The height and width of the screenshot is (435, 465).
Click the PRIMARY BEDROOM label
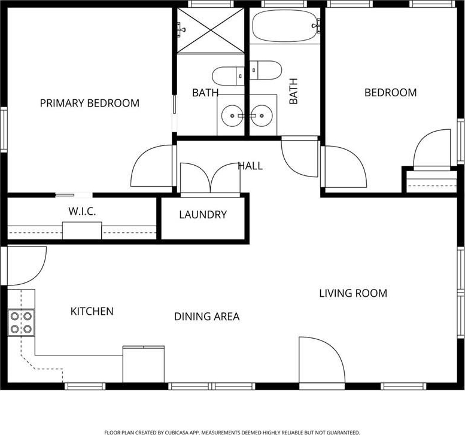point(90,103)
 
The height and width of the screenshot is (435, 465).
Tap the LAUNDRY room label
point(203,214)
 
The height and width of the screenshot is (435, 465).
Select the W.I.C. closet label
point(82,211)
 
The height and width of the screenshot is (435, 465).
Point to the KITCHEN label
point(92,311)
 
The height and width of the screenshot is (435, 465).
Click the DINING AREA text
point(206,317)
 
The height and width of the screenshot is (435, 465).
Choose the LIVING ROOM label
point(353,293)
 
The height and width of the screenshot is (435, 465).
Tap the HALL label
point(250,166)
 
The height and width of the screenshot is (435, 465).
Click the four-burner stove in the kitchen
point(21,323)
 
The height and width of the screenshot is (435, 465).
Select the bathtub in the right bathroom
point(284,26)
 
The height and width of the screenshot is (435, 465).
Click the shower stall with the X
point(211,30)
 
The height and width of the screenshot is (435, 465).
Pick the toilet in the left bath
point(229,76)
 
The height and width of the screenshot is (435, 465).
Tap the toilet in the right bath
point(265,70)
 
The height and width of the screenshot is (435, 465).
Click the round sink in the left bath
point(232,115)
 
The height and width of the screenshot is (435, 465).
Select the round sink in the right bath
point(262,115)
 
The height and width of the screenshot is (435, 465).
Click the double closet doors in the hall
point(210,178)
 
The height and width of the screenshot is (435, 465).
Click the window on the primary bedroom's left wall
point(4,130)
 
